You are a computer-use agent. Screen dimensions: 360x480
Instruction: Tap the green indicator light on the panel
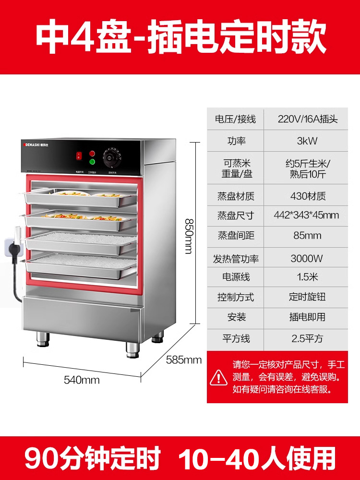coord(92,162)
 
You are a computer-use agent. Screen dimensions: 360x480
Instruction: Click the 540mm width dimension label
coord(82,380)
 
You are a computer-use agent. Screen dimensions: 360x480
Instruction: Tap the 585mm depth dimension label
coord(184,360)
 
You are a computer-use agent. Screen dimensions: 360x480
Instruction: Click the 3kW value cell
coord(307,141)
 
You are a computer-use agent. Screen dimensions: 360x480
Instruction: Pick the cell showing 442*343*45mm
coord(307,215)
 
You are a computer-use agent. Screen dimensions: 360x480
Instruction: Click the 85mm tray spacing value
coord(307,236)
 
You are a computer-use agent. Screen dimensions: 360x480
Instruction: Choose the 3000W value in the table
coord(307,258)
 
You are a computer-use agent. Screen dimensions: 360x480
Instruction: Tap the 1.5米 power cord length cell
coord(307,277)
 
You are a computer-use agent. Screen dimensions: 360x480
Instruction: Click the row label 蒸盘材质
coord(236,196)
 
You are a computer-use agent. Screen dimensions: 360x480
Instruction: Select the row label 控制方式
coord(236,297)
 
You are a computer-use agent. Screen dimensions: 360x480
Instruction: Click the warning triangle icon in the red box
coord(219,377)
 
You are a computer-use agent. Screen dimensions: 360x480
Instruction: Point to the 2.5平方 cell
coord(307,338)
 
